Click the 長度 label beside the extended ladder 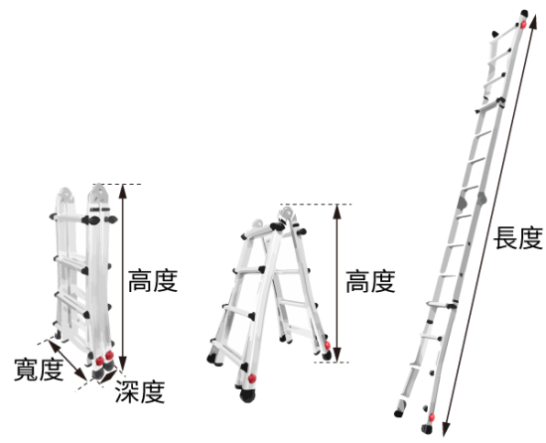coord(518,238)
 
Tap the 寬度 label coord(39,369)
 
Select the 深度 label coord(140,391)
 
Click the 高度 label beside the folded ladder coord(153,281)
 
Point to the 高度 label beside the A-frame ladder coord(370,281)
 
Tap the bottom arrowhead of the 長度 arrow coord(446,429)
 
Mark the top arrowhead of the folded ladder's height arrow coord(122,191)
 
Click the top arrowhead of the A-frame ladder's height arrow coord(337,212)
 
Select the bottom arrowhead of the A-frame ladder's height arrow coord(337,355)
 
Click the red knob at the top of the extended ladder coord(523,25)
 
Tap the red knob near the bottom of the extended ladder coord(432,417)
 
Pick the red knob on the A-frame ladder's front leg coord(252,378)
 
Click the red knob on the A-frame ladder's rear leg coord(328,345)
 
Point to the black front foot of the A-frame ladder coord(247,395)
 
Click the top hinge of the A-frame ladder coord(287,213)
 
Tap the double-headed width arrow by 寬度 coord(67,361)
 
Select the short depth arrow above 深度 coord(108,377)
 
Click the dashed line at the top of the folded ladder coord(117,184)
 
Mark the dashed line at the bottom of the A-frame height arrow coord(332,363)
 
